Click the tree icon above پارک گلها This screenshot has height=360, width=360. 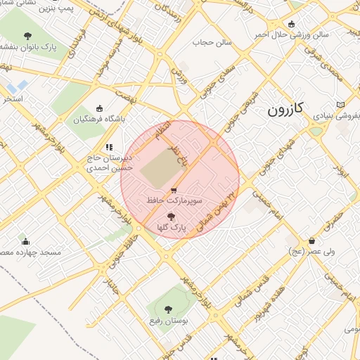coord(170,217)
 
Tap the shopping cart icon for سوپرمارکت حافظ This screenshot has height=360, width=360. coord(174,190)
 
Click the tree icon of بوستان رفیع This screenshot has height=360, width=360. coord(167,309)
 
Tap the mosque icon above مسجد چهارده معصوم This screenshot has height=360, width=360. coord(23,240)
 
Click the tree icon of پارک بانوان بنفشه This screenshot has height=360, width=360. coord(27,36)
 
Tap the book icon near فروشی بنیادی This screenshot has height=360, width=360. coord(341,104)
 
